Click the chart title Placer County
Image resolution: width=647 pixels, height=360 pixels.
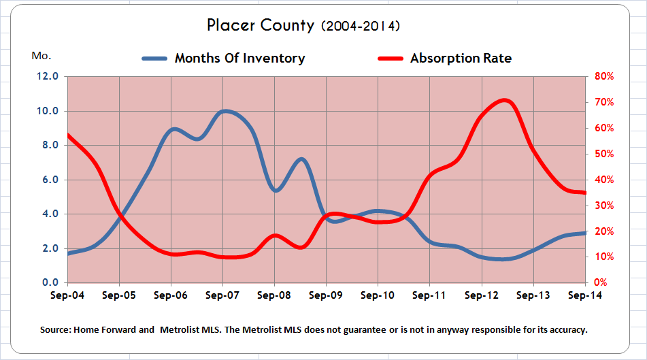coord(261,26)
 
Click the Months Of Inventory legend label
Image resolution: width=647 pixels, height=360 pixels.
coord(239,58)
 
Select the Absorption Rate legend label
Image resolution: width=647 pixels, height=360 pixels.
coord(461,59)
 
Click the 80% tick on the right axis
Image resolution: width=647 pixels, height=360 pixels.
coord(603,76)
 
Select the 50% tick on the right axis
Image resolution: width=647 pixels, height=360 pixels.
coord(603,154)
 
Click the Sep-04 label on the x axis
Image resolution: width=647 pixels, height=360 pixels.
coord(67,295)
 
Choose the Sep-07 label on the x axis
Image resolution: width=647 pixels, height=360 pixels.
coord(222,295)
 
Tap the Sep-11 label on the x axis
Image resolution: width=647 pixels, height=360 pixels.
coord(429,295)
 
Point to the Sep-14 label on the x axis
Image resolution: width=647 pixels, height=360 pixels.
coord(584,295)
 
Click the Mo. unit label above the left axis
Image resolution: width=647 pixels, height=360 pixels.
coord(41,55)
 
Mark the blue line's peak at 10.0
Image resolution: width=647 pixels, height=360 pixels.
coord(225,111)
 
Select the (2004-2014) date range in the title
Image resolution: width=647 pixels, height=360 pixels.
coord(360,27)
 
